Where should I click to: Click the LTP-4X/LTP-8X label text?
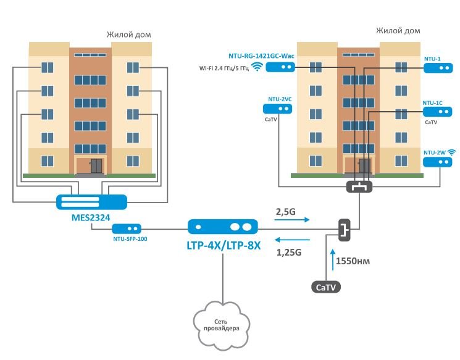tap(224, 245)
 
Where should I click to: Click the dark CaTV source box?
tap(325, 287)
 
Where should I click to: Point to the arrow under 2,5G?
tap(290, 220)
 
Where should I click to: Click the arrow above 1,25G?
tap(290, 240)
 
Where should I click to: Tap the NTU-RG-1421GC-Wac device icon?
tap(280, 67)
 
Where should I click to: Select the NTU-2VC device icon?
tap(277, 108)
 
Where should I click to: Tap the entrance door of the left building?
tap(96, 165)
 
